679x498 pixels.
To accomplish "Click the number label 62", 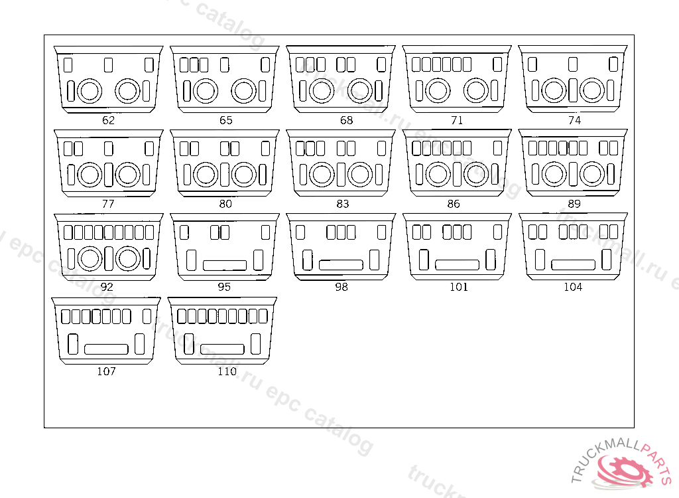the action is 108,121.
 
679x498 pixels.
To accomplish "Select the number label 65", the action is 226,121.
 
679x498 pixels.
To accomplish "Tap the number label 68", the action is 346,121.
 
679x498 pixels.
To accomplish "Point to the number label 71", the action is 456,121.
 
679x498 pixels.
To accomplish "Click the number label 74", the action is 574,121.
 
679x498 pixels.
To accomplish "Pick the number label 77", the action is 108,204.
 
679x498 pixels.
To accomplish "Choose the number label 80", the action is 225,204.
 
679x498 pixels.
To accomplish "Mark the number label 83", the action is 342,204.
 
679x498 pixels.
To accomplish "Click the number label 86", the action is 454,204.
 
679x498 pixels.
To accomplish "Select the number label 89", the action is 574,204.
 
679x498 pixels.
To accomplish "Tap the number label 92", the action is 107,288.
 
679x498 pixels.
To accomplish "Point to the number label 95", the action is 224,288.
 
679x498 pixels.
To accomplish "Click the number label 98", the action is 341,288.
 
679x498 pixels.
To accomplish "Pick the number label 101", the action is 458,288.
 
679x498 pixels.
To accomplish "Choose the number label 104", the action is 573,288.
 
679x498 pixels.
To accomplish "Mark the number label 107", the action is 106,371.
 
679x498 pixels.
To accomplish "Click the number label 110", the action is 227,371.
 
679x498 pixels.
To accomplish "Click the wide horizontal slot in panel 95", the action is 224,266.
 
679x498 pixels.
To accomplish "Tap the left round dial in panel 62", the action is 89,90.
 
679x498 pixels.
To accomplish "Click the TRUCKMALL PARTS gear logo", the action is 623,467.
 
